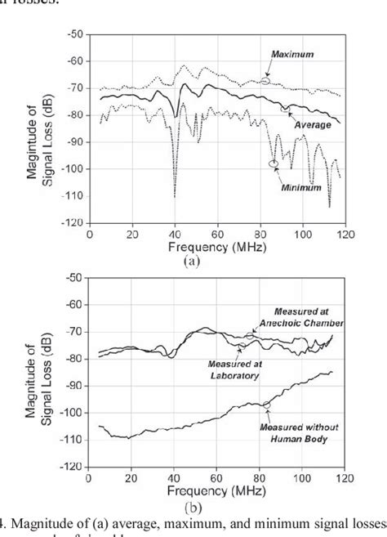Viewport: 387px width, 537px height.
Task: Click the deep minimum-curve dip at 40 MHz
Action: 174,195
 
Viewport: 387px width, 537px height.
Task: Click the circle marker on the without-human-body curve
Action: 266,405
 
